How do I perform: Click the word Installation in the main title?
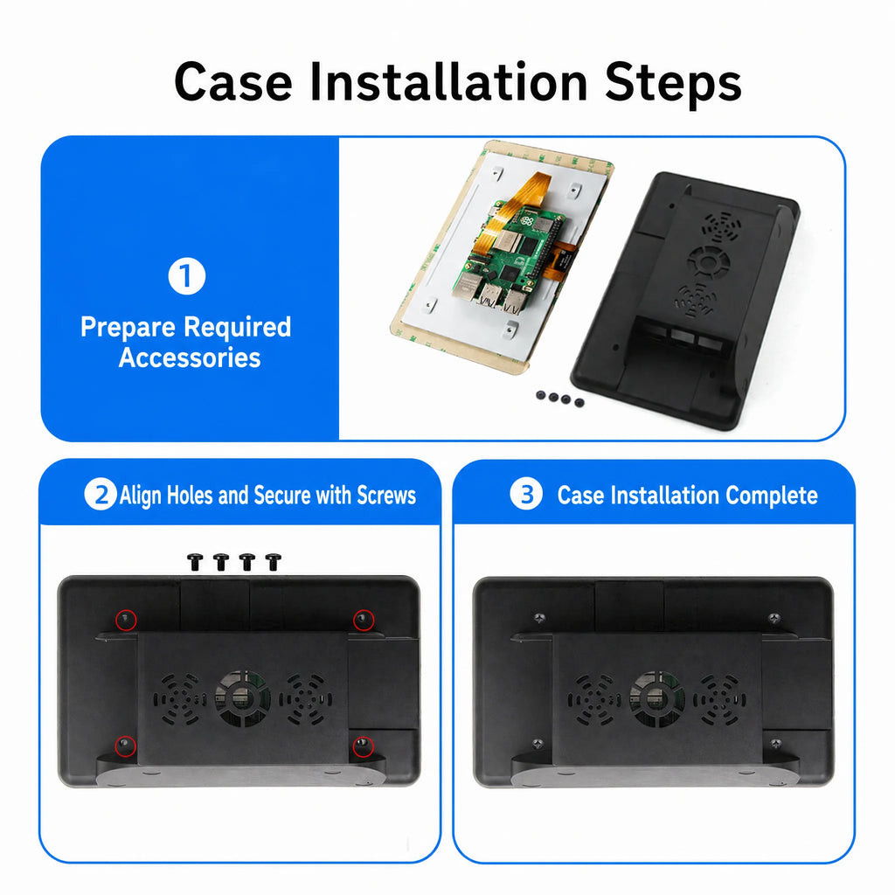448,82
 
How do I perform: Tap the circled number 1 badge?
187,276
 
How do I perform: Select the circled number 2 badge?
101,495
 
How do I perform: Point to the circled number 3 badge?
525,494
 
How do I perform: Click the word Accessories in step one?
190,357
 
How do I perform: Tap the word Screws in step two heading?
386,496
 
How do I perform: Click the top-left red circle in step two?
126,620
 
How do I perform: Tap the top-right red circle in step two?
363,620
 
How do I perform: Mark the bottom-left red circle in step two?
126,746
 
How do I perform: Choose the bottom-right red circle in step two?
363,746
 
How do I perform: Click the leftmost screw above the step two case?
195,562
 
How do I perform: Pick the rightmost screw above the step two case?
274,562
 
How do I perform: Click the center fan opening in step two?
243,698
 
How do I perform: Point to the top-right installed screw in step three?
774,618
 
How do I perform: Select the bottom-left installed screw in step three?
538,744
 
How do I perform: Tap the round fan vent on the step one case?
708,262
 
